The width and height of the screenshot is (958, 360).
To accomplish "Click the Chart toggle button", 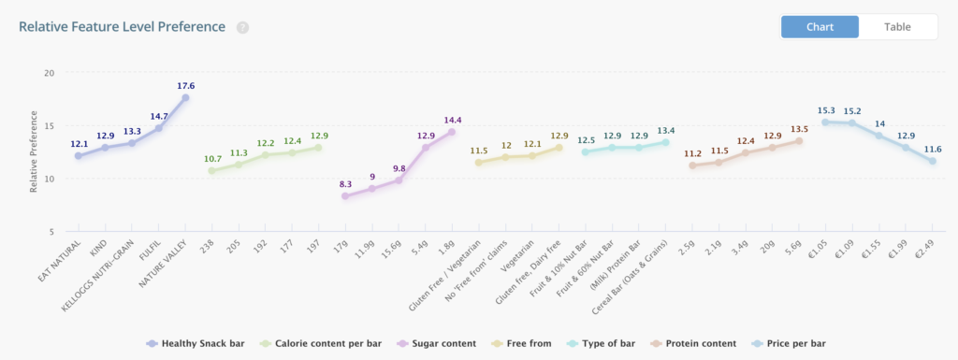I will point(820,26).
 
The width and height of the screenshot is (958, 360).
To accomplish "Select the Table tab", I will point(897,26).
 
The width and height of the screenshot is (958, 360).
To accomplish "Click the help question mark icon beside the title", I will point(242,27).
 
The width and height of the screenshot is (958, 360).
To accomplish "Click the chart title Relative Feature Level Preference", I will point(122,26).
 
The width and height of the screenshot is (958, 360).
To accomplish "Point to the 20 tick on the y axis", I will point(49,73).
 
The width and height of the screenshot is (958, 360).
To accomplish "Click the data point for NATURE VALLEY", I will point(185,97).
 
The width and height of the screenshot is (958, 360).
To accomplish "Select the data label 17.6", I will point(185,85).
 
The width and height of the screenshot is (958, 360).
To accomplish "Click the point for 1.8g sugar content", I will point(452,132).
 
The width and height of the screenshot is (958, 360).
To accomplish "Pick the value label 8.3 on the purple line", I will point(345,184).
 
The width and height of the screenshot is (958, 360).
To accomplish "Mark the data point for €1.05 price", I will point(825,122).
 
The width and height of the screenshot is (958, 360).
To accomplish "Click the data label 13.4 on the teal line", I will point(665,130).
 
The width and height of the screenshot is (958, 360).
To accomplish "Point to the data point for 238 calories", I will point(211,170).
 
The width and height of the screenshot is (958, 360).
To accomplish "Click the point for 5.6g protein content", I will point(799,140).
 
